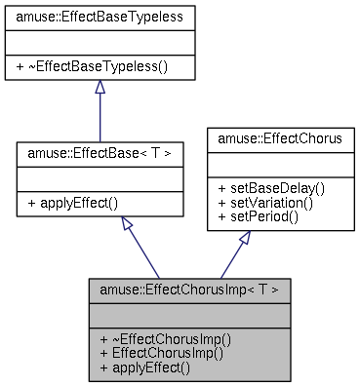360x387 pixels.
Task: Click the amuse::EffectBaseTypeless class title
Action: click(x=100, y=17)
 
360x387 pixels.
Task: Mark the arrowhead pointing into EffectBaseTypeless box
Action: click(x=100, y=87)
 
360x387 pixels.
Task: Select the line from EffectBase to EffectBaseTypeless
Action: click(x=100, y=117)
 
